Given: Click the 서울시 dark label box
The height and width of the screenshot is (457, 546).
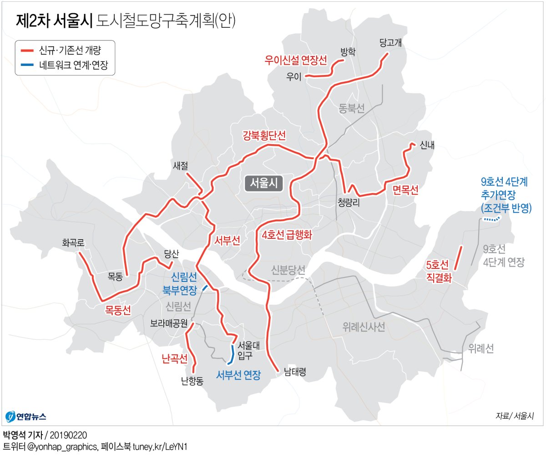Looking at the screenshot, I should [264, 183].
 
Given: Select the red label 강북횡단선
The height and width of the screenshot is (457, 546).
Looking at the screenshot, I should [264, 135].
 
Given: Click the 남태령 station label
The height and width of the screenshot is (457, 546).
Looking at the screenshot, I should [294, 372].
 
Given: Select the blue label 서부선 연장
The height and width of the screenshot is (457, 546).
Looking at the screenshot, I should [238, 375].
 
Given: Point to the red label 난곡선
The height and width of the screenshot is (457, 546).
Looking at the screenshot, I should [174, 359].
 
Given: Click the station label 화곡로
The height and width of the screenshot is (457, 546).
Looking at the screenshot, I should [74, 243].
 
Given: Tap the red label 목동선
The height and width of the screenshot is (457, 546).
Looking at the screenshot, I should [118, 310].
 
